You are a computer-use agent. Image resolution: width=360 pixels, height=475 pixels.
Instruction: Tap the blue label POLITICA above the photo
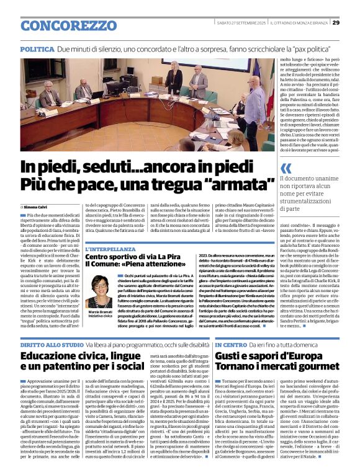pos(37,48)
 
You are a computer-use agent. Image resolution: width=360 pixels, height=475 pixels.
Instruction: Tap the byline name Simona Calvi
pos(37,206)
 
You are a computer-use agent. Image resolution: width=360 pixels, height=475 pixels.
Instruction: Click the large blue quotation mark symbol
pos(286,168)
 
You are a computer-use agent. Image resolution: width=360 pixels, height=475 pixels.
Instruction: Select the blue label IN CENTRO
pos(231,344)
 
